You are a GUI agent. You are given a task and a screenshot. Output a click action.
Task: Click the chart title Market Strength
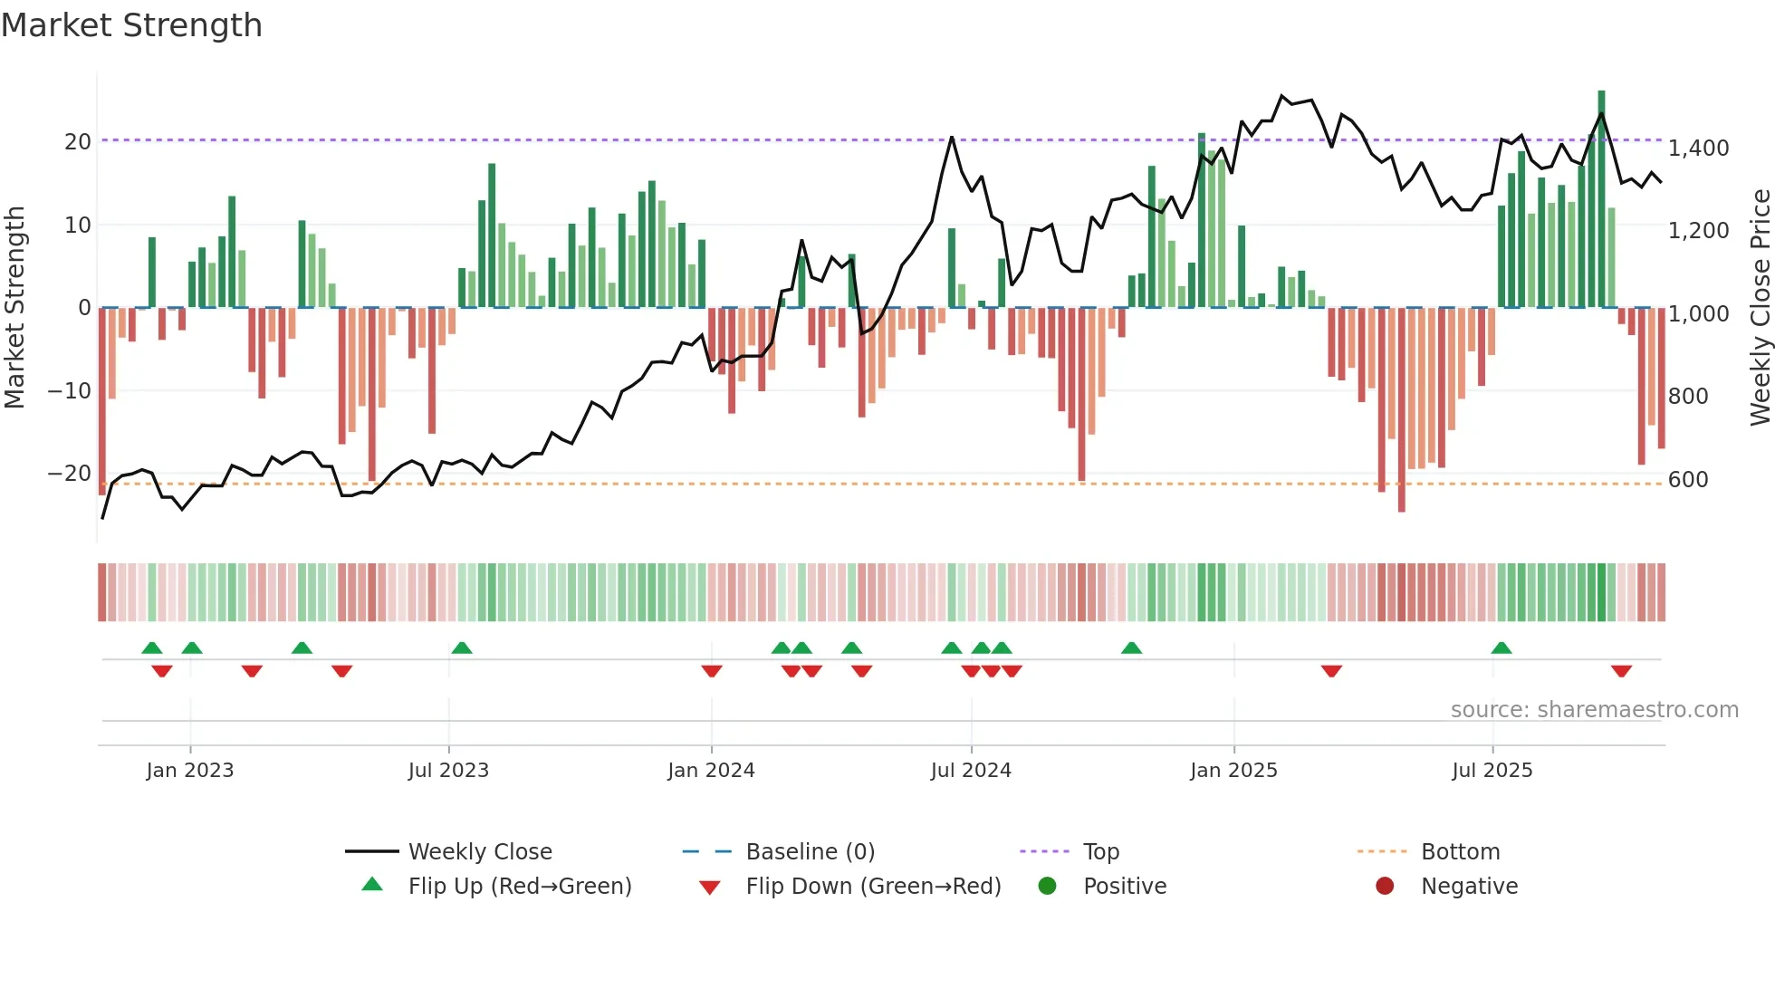pos(131,25)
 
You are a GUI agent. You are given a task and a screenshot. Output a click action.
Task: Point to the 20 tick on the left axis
pos(78,141)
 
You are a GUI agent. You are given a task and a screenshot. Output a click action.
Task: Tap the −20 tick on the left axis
pos(70,474)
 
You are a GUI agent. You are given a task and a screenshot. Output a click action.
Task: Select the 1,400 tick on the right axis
pos(1698,148)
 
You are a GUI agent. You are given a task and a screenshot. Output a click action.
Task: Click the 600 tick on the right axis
pos(1688,479)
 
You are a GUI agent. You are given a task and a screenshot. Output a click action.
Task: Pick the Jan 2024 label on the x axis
pos(711,771)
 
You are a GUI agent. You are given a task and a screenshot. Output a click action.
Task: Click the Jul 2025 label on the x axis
pos(1492,771)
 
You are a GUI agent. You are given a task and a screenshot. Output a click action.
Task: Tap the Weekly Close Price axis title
pos(1760,308)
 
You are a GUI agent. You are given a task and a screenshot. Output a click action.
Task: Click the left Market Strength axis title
pos(14,308)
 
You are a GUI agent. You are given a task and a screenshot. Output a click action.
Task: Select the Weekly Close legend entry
pos(480,852)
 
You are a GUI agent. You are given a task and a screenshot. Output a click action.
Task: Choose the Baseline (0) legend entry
pos(810,852)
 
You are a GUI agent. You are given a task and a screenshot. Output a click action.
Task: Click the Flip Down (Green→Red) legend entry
pos(873,887)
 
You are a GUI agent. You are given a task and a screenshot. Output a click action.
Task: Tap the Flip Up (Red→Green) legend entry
pos(519,887)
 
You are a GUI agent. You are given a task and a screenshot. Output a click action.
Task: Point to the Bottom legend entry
pos(1460,852)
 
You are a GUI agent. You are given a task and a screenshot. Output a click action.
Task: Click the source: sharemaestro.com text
pos(1594,710)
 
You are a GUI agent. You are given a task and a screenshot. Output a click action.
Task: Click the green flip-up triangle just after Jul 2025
pos(1501,648)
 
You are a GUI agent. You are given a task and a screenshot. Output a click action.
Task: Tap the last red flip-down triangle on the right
pos(1621,671)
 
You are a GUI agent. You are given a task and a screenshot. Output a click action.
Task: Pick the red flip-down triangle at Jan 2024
pos(712,671)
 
